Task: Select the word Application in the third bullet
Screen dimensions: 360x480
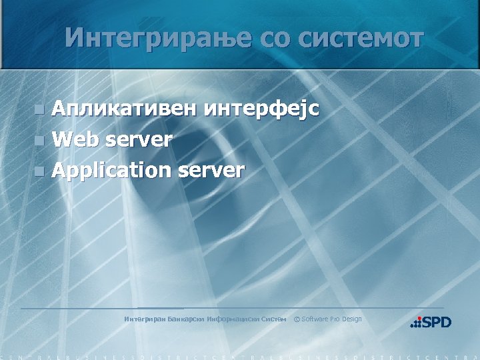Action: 111,171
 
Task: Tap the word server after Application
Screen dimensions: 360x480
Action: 211,171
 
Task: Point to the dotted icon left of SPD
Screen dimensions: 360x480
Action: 416,323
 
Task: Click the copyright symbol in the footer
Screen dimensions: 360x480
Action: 297,319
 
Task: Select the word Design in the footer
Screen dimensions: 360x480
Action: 351,319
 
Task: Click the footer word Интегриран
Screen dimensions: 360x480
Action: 145,319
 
